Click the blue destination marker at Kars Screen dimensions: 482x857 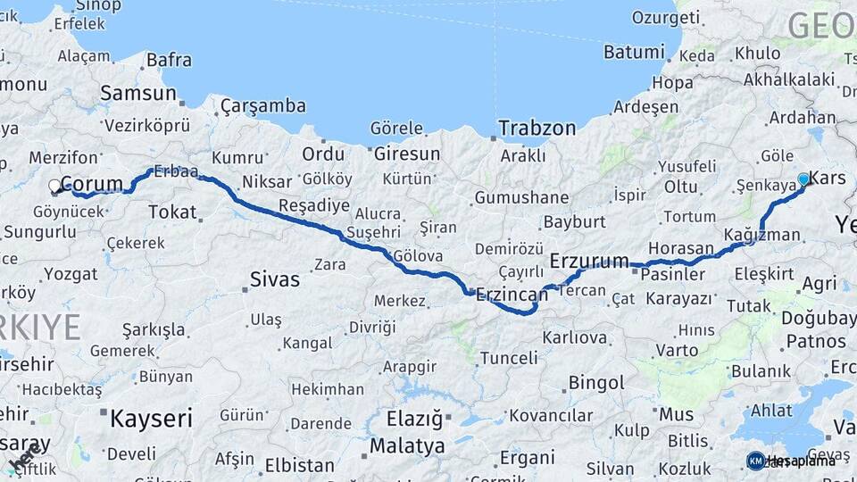(803, 179)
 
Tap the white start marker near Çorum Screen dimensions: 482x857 (55, 187)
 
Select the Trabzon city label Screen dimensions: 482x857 (537, 128)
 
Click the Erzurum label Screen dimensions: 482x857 (589, 261)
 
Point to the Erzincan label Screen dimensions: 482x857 (511, 294)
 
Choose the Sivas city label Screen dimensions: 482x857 (275, 279)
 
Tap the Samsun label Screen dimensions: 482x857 (138, 93)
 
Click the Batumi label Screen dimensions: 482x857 (634, 52)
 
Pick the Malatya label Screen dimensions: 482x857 (407, 445)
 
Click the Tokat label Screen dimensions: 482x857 (172, 212)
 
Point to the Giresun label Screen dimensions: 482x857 (407, 154)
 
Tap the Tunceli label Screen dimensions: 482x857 (509, 358)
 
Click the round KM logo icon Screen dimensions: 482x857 (755, 461)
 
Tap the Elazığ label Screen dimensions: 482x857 (414, 418)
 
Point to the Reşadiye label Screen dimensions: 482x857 (314, 206)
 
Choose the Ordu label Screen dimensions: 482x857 (323, 154)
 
